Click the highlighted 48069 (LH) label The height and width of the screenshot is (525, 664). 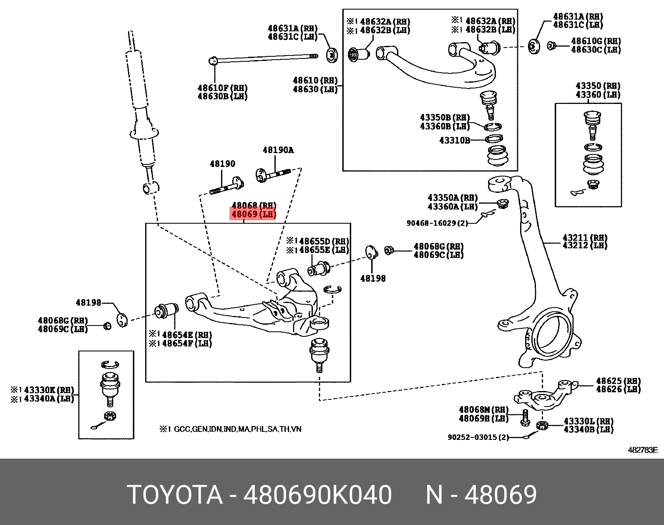(254, 215)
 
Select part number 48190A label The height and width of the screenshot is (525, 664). (278, 150)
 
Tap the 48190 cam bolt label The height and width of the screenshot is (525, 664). (222, 164)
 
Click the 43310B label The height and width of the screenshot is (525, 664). (454, 140)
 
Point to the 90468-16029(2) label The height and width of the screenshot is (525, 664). (437, 223)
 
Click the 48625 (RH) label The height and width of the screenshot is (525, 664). (618, 381)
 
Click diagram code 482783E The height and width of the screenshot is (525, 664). (643, 450)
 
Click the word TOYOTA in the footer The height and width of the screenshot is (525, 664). (175, 495)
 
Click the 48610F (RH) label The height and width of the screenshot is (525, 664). (222, 88)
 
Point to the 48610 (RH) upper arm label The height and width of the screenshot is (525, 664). (315, 81)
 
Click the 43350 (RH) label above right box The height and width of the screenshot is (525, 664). (598, 86)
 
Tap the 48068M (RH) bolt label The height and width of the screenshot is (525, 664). (483, 410)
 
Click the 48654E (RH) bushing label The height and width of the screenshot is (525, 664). (186, 335)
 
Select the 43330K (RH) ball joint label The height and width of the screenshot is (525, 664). (49, 390)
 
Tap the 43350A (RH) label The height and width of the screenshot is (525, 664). (453, 198)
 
